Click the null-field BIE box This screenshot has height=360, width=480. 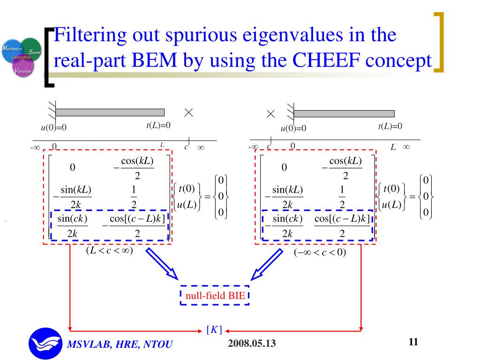tap(214, 295)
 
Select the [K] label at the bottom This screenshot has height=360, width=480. tap(214, 330)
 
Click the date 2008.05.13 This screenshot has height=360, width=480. tap(252, 344)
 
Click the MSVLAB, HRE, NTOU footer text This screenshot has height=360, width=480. tap(120, 345)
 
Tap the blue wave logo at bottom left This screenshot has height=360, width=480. tap(45, 343)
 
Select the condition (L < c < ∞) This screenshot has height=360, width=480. tap(109, 251)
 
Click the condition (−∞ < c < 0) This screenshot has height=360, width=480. tap(320, 253)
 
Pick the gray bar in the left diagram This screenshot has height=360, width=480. tap(110, 112)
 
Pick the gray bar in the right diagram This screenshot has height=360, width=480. tap(344, 114)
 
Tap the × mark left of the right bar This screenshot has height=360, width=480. tap(270, 114)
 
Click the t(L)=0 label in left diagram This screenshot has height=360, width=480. tap(158, 125)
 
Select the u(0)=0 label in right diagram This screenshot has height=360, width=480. tap(293, 128)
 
